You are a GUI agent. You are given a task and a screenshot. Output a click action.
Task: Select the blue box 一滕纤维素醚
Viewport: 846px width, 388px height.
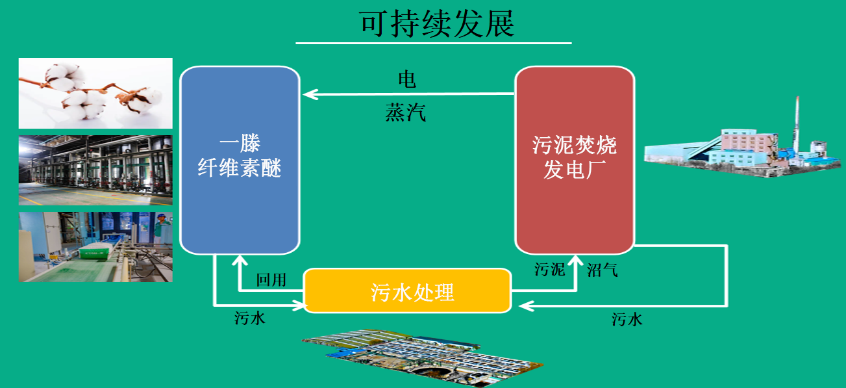click(x=240, y=160)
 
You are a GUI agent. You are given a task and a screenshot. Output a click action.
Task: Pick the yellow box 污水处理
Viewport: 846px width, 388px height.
click(x=408, y=291)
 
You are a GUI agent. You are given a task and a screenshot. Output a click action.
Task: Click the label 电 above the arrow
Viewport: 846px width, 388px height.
click(x=407, y=79)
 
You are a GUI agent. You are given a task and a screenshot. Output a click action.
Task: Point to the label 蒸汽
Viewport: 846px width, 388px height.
click(x=406, y=113)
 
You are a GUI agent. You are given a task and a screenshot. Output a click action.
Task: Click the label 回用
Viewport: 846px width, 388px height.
click(x=271, y=280)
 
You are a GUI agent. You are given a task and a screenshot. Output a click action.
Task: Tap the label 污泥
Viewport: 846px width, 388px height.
click(x=550, y=269)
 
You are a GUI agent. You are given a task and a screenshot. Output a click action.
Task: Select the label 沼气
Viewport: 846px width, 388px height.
click(x=602, y=270)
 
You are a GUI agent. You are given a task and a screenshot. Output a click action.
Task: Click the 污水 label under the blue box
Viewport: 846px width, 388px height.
click(x=250, y=318)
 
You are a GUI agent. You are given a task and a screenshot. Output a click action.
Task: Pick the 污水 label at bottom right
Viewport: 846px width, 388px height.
click(x=627, y=319)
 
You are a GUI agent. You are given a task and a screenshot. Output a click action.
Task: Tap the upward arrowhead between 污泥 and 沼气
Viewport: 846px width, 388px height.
click(x=575, y=261)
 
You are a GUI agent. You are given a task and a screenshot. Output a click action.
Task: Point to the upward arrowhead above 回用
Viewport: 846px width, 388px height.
click(x=240, y=260)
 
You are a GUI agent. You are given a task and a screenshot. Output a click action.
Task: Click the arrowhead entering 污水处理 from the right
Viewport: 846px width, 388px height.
click(x=521, y=305)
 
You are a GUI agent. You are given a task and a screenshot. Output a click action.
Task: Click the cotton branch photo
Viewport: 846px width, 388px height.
click(x=95, y=93)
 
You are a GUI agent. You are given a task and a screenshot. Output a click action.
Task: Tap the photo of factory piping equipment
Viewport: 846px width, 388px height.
click(x=95, y=170)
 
